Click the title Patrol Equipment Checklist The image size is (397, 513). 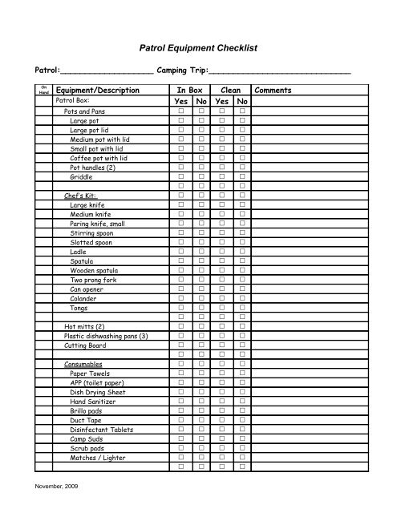pyautogui.click(x=197, y=49)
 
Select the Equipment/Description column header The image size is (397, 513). pyautogui.click(x=99, y=91)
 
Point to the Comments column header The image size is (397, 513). pyautogui.click(x=273, y=91)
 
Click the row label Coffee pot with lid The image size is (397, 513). pyautogui.click(x=99, y=157)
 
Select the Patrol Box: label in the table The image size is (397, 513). pyautogui.click(x=71, y=102)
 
